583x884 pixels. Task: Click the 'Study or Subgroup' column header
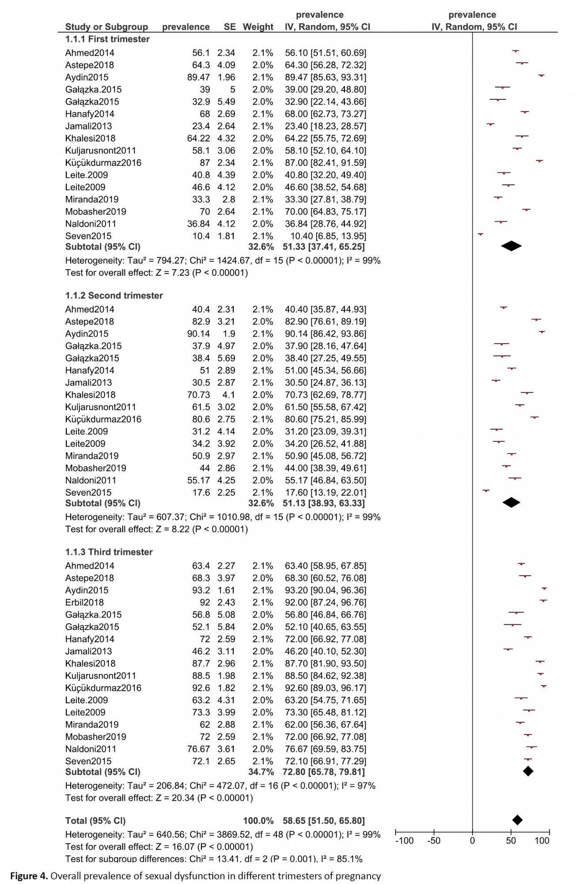pos(106,27)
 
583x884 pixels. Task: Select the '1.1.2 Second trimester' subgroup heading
pos(114,295)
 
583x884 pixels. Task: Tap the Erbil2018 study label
pos(84,602)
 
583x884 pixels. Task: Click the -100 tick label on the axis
pos(404,841)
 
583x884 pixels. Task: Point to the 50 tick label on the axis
pos(511,841)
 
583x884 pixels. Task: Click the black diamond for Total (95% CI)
pos(517,820)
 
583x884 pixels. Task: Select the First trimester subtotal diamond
pos(511,246)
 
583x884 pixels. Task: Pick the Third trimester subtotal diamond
pos(528,771)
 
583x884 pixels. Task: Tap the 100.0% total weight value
pos(258,821)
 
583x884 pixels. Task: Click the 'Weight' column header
pos(258,27)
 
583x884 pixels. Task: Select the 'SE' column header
pos(230,27)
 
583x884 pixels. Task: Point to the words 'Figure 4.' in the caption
pos(29,876)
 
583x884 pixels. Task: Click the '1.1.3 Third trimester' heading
pos(109,552)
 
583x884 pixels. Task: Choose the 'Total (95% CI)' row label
pos(95,821)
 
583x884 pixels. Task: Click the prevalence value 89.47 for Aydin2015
pos(198,77)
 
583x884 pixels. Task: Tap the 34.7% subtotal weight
pos(261,772)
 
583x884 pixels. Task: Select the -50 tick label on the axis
pos(434,841)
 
